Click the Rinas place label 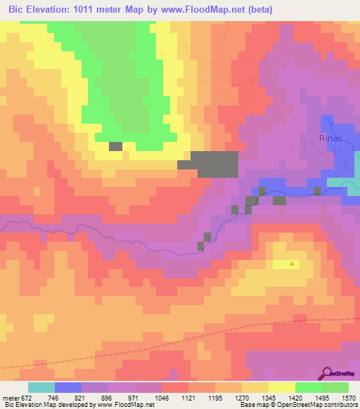point(330,138)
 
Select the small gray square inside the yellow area point(115,146)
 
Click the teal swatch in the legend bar point(41,387)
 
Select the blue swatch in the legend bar point(68,387)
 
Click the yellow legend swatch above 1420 point(281,387)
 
